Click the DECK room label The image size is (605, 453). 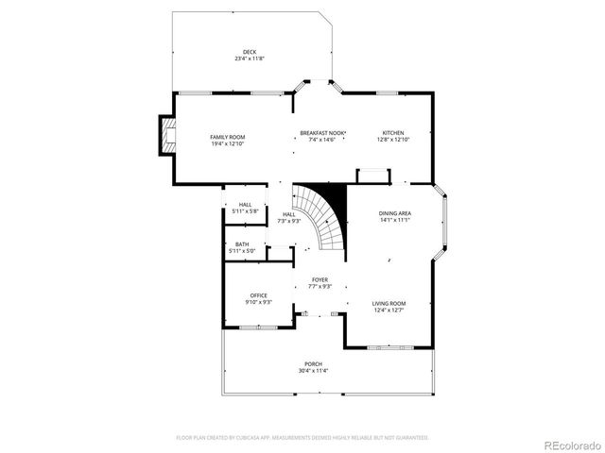pyautogui.click(x=250, y=52)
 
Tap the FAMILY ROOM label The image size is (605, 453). pyautogui.click(x=228, y=137)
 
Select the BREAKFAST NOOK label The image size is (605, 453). pyautogui.click(x=323, y=132)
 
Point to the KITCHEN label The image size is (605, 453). pyautogui.click(x=392, y=132)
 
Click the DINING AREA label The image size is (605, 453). pyautogui.click(x=395, y=213)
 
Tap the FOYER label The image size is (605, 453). pyautogui.click(x=320, y=280)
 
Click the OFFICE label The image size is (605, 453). pyautogui.click(x=259, y=295)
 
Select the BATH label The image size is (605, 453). pyautogui.click(x=243, y=244)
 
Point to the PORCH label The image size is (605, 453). pyautogui.click(x=313, y=363)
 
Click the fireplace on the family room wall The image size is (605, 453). pyautogui.click(x=166, y=135)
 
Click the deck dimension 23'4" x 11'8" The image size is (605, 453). pyautogui.click(x=250, y=59)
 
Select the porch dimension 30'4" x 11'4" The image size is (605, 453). pyautogui.click(x=313, y=370)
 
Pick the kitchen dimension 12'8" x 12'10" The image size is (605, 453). pyautogui.click(x=392, y=139)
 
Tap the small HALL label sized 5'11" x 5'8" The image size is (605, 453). pyautogui.click(x=246, y=205)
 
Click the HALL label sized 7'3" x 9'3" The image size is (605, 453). pyautogui.click(x=289, y=214)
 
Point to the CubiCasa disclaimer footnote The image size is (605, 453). pyautogui.click(x=302, y=438)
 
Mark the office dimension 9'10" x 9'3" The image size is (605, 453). pyautogui.click(x=259, y=302)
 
